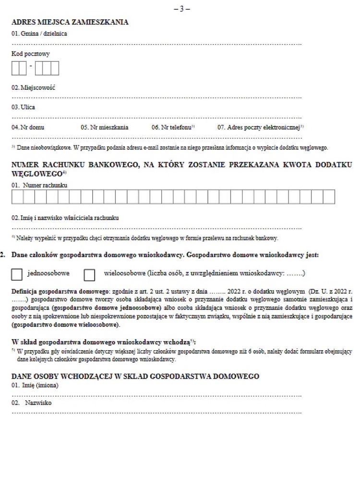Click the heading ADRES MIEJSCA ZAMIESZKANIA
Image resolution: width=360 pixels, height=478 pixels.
(70, 22)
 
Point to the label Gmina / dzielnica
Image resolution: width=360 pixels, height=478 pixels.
(39, 34)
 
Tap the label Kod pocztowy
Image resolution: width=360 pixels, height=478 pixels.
(31, 54)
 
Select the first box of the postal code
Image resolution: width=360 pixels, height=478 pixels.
(15, 69)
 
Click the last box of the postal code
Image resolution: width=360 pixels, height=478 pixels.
(55, 69)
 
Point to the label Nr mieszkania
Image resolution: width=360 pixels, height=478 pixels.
(104, 127)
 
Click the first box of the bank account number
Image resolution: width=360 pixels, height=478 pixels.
(17, 197)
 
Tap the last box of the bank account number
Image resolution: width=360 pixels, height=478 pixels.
(329, 197)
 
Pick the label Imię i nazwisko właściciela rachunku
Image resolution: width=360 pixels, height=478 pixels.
(65, 218)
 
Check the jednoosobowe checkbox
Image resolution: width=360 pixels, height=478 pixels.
(17, 274)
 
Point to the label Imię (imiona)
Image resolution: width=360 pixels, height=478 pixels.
(35, 385)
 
